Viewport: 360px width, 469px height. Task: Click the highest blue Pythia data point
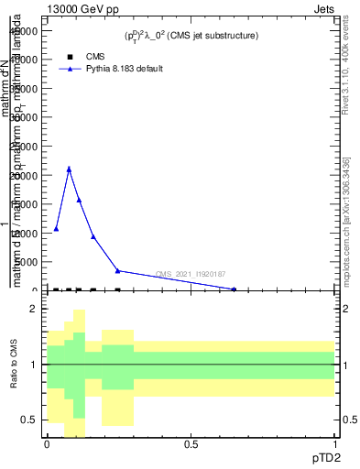pyautogui.click(x=69, y=169)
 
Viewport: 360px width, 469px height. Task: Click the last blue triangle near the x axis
pyautogui.click(x=234, y=289)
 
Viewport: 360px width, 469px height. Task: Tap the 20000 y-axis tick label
pyautogui.click(x=25, y=175)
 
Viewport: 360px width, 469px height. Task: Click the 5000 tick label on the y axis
pyautogui.click(x=27, y=262)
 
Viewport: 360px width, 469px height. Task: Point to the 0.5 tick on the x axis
pyautogui.click(x=191, y=444)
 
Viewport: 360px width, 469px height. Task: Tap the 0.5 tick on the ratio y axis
pyautogui.click(x=29, y=420)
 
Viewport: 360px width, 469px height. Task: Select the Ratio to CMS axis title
pyautogui.click(x=15, y=365)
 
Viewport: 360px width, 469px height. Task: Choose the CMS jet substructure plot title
pyautogui.click(x=191, y=36)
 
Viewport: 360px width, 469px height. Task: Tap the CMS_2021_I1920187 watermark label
pyautogui.click(x=191, y=274)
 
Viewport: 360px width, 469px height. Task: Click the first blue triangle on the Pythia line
pyautogui.click(x=56, y=228)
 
